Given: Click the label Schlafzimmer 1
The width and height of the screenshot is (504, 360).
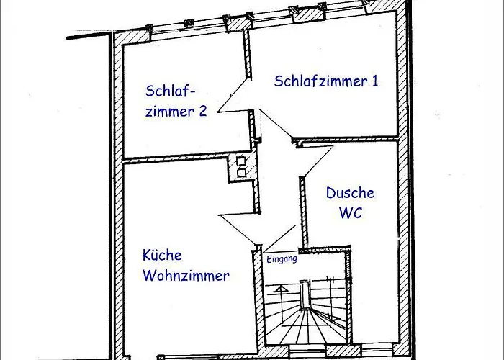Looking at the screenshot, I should point(326,81).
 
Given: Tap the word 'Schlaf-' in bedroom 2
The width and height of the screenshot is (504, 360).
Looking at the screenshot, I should point(171,91).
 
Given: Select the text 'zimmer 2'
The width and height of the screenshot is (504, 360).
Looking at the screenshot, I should point(177,112).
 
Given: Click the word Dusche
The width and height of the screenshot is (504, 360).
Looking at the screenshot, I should point(350,193).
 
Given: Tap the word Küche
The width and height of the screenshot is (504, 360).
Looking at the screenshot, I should point(162,255).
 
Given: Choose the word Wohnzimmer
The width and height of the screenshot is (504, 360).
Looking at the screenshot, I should point(186,275).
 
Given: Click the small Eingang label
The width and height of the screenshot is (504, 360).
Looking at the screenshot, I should point(282,259).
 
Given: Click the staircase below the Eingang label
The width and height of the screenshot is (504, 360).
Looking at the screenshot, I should point(306,310).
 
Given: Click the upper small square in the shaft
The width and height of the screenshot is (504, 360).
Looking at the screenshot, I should point(240,161).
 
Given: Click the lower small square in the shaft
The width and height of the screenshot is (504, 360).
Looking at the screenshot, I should point(240,172).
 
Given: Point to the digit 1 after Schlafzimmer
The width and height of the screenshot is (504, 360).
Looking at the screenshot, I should point(374,81).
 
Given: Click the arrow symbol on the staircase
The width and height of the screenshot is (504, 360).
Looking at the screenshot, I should point(281,289).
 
